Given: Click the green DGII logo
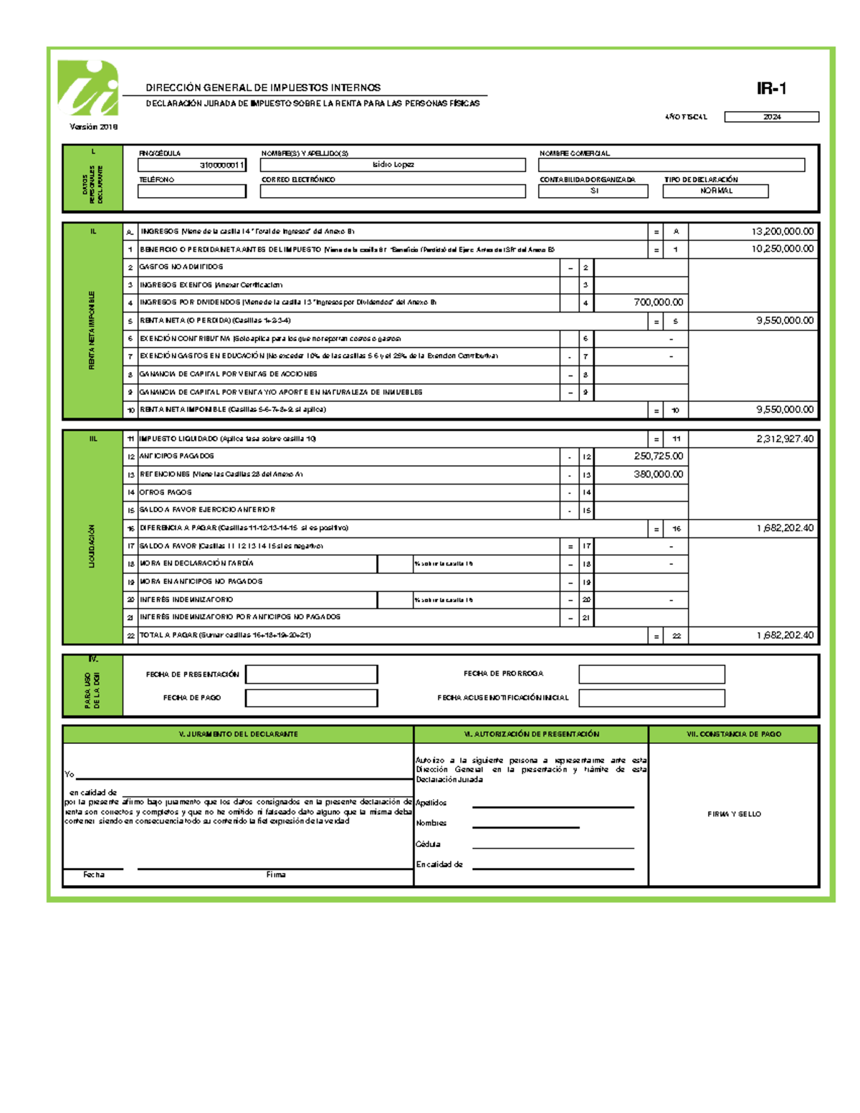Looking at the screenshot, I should pyautogui.click(x=88, y=89).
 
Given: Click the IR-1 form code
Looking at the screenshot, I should pyautogui.click(x=771, y=88).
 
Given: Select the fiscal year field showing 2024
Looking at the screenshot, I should pyautogui.click(x=771, y=117).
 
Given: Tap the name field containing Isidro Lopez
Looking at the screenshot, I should pyautogui.click(x=393, y=165).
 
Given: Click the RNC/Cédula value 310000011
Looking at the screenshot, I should pyautogui.click(x=192, y=166).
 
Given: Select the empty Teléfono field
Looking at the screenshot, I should pyautogui.click(x=191, y=191).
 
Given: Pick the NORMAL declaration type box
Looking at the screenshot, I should pyautogui.click(x=715, y=191).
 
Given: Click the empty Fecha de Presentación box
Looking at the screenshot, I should pyautogui.click(x=311, y=674).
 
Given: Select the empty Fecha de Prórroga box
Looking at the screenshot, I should pyautogui.click(x=651, y=674).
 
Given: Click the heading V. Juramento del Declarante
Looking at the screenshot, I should pyautogui.click(x=238, y=734).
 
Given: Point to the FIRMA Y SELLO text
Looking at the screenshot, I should pyautogui.click(x=734, y=814).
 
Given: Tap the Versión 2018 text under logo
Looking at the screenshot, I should pyautogui.click(x=93, y=127).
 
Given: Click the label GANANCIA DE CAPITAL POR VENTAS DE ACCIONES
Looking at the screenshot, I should pyautogui.click(x=228, y=374).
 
